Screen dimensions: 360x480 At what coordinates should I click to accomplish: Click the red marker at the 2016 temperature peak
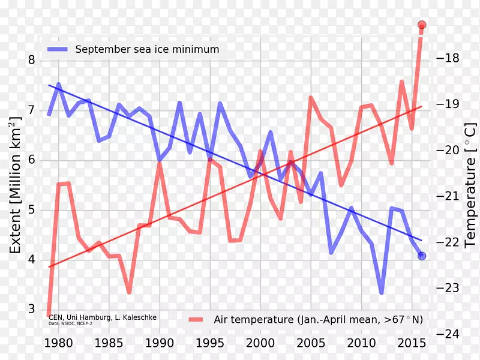point(422,25)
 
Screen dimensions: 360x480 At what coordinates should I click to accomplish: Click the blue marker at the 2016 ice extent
point(422,256)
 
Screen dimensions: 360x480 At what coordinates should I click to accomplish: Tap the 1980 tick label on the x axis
point(59,344)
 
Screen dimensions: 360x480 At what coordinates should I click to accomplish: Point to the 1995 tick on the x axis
point(209,344)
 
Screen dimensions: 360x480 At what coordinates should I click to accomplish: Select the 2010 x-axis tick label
point(361,344)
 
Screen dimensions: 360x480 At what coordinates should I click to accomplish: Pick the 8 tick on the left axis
point(31,61)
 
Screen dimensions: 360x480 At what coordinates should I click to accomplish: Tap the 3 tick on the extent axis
point(31,310)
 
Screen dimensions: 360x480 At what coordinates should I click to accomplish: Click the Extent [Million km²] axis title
point(15,187)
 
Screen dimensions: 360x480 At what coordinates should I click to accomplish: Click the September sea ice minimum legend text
point(147,49)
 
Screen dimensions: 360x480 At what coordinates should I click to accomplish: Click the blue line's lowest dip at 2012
point(381,293)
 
